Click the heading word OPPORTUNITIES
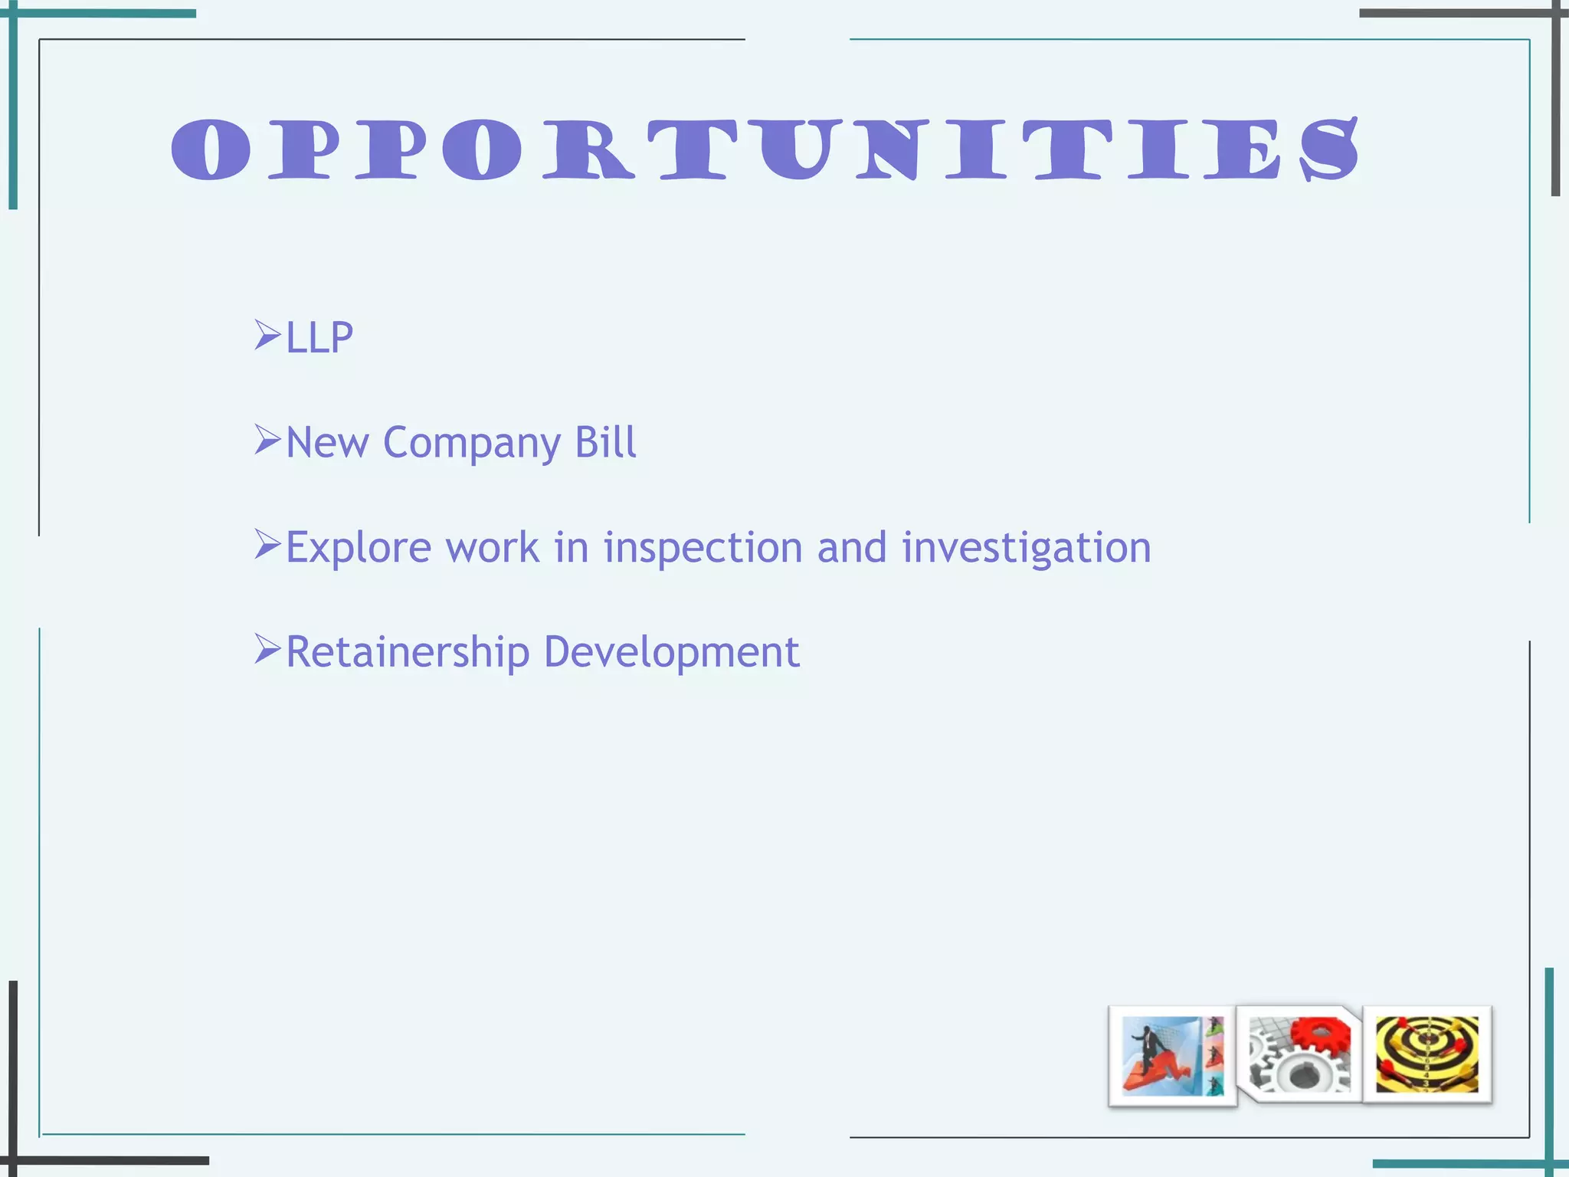(x=765, y=149)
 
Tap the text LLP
(x=319, y=337)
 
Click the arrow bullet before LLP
(x=267, y=335)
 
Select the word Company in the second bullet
(x=472, y=443)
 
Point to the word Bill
(x=605, y=442)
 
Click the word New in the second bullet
(x=327, y=443)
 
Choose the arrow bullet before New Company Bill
(x=267, y=440)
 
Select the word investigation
(x=1027, y=548)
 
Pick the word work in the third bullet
(x=493, y=548)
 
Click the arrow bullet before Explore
(x=267, y=545)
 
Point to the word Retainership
(x=408, y=652)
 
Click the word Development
(x=671, y=652)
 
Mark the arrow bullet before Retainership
(x=267, y=649)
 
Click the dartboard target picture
(x=1427, y=1054)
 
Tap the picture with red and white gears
(x=1299, y=1054)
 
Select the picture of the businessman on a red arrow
(x=1172, y=1056)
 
